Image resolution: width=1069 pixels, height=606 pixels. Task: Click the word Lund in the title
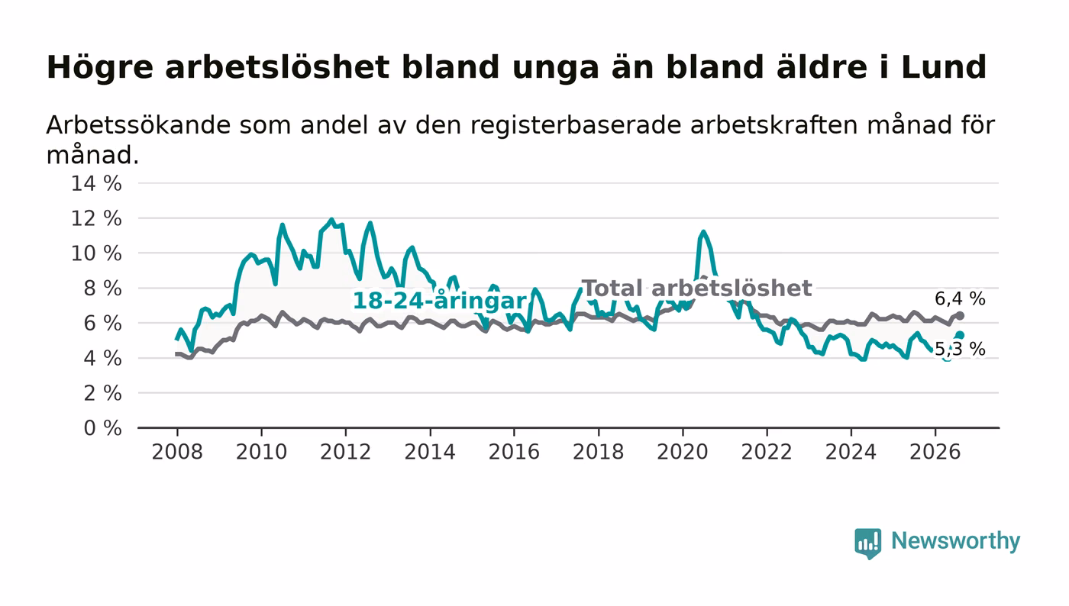click(944, 67)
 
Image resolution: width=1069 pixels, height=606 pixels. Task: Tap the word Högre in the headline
click(100, 68)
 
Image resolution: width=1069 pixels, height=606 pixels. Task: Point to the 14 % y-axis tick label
click(96, 183)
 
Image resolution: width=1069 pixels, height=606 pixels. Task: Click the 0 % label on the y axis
click(102, 428)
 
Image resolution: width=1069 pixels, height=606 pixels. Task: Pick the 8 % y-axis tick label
click(102, 288)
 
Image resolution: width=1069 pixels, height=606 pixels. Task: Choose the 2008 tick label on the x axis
click(177, 452)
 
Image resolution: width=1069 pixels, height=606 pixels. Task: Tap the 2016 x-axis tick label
click(514, 452)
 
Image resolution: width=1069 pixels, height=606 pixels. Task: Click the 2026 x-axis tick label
click(935, 452)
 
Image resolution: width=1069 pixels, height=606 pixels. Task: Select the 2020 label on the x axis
click(683, 452)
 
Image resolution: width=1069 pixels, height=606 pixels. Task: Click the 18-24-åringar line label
click(440, 301)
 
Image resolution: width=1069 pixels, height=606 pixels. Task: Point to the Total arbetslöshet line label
click(696, 288)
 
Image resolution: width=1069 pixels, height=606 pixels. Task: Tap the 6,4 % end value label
click(960, 298)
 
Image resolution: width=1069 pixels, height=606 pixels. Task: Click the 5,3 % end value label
click(960, 350)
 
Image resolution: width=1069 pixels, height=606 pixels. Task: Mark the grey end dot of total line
click(961, 316)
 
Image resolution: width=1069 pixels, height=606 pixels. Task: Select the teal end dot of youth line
click(961, 336)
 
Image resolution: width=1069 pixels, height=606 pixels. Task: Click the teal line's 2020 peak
click(703, 232)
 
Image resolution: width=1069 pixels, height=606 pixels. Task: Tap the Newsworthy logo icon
click(867, 543)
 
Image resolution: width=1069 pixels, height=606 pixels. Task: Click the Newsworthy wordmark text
click(955, 541)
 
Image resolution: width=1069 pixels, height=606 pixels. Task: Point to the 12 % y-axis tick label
click(96, 218)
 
